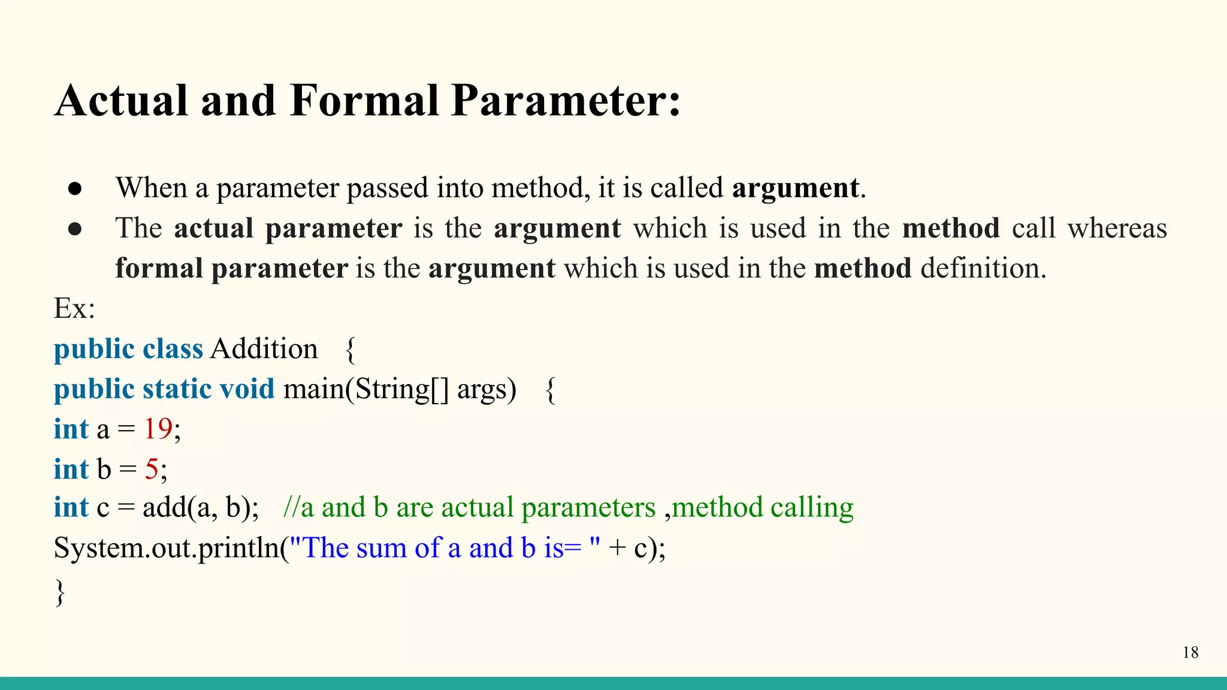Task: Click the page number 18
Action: [x=1190, y=652]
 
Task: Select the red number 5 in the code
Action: [x=152, y=469]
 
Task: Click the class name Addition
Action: [x=264, y=349]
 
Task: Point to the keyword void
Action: [x=247, y=389]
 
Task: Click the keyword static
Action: [x=177, y=389]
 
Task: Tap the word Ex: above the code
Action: [x=74, y=308]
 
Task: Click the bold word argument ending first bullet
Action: [x=796, y=189]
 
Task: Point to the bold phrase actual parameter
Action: [x=288, y=229]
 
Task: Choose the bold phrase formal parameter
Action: [x=231, y=268]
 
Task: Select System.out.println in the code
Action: [x=167, y=548]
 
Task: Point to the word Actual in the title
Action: [x=122, y=101]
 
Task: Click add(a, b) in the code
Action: [x=199, y=508]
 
